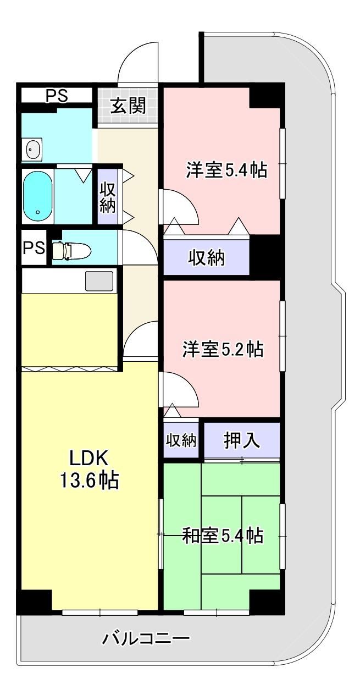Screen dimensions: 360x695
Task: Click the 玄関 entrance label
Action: tap(128, 106)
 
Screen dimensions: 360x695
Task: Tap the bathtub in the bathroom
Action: tap(37, 196)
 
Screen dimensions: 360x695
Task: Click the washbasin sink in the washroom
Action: tap(34, 149)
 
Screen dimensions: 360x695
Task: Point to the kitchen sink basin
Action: tap(99, 281)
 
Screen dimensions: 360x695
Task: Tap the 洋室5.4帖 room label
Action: tap(226, 170)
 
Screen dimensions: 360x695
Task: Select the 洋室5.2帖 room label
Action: tap(223, 349)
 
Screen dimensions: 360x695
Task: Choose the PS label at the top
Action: tap(57, 96)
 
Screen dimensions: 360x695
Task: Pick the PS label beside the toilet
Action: tap(34, 247)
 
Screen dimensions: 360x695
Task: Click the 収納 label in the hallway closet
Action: tap(108, 197)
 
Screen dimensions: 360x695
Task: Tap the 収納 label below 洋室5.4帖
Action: tap(207, 257)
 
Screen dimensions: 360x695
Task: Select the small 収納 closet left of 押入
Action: tap(181, 440)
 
